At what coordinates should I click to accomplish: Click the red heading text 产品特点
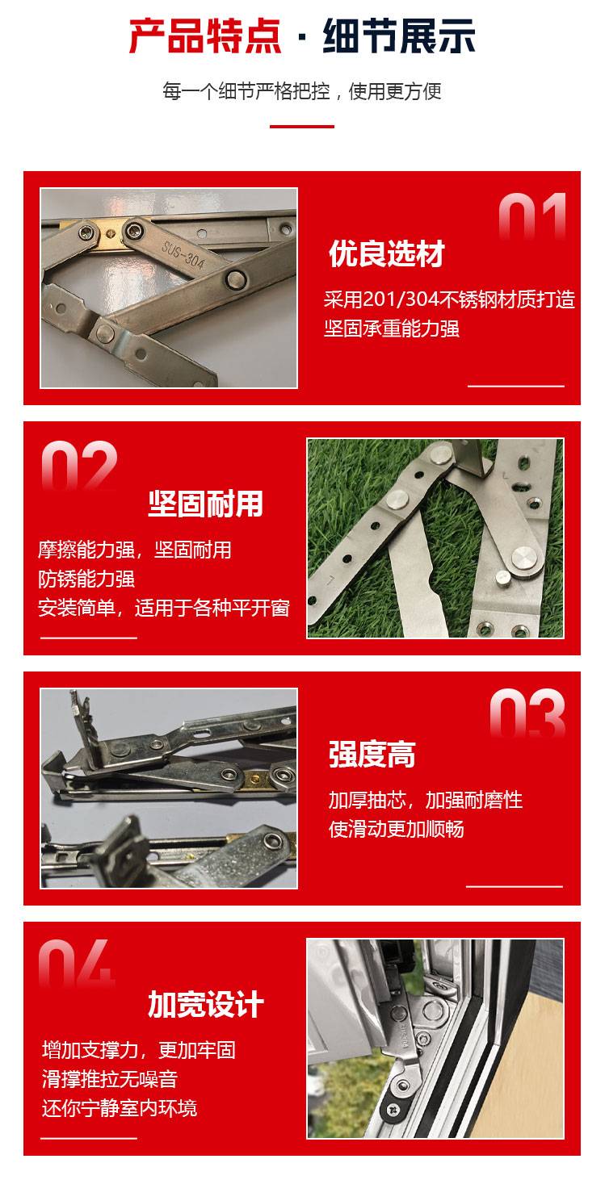click(204, 36)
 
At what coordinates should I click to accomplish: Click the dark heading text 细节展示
click(399, 36)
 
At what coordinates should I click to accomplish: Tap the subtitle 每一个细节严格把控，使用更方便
click(302, 91)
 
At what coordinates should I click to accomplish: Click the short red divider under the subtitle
click(302, 127)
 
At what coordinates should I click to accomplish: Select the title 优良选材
click(387, 253)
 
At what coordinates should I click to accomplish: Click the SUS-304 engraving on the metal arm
click(183, 256)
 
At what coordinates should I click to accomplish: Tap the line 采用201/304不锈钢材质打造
click(449, 299)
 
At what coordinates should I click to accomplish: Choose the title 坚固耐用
click(205, 504)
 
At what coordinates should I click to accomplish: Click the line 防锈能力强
click(86, 579)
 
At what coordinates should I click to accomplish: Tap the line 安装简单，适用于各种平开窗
click(164, 608)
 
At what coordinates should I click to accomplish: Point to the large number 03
click(527, 713)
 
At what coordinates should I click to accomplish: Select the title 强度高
click(372, 755)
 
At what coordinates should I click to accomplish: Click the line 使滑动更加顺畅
click(396, 829)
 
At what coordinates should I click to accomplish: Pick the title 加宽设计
click(205, 1004)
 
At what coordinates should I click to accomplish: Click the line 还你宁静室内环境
click(120, 1108)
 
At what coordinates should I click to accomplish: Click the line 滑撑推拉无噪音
click(110, 1079)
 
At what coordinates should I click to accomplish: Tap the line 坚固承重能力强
click(391, 328)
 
